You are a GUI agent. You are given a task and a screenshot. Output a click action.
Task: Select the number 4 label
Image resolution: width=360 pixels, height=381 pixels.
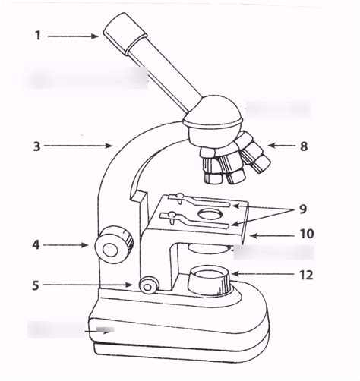tap(35, 244)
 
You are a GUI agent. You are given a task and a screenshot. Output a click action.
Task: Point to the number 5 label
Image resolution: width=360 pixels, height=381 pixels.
tap(35, 285)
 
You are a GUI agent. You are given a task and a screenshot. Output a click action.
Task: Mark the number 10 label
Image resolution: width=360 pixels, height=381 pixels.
tap(306, 235)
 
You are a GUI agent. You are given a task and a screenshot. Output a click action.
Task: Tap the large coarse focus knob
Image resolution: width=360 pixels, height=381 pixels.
tap(115, 244)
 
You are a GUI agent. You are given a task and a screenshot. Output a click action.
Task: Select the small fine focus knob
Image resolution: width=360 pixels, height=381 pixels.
tap(148, 285)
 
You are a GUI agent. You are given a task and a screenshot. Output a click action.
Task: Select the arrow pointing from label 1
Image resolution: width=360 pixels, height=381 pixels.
tap(72, 35)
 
